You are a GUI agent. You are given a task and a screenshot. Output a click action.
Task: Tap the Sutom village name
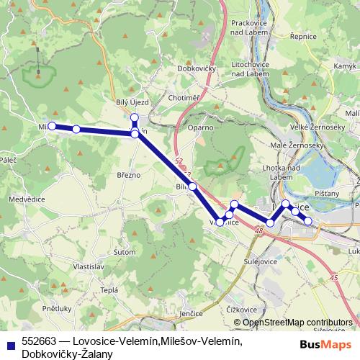(125, 252)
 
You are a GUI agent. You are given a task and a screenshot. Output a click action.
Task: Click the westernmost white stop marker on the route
(52, 125)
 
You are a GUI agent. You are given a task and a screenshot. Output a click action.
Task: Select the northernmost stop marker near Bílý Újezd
(134, 117)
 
